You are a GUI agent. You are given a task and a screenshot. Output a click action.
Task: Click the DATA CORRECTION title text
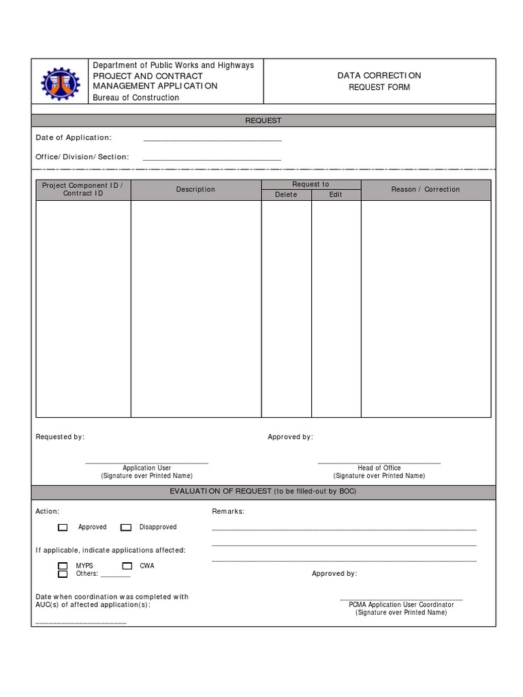pos(379,76)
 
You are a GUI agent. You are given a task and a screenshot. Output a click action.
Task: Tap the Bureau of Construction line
pos(136,98)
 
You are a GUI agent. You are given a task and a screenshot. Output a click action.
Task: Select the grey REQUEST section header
pos(263,120)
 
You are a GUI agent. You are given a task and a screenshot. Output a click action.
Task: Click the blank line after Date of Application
pos(212,140)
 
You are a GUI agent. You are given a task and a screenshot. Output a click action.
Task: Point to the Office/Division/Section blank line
pos(212,159)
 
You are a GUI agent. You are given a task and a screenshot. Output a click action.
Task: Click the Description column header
pos(195,190)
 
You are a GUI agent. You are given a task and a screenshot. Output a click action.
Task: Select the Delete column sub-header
pos(286,195)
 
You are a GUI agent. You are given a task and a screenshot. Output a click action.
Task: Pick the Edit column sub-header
pos(336,195)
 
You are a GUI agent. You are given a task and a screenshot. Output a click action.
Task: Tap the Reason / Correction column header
pos(426,190)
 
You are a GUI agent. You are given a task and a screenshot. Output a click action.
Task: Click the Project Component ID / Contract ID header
pos(83,190)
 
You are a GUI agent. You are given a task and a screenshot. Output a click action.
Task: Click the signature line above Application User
pos(146,462)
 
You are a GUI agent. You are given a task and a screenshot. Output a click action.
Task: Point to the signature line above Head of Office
pos(379,462)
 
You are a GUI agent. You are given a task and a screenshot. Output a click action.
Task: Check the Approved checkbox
pos(63,528)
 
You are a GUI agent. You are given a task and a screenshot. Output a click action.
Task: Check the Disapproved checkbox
pos(126,528)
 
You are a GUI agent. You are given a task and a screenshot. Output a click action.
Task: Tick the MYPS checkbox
pos(63,566)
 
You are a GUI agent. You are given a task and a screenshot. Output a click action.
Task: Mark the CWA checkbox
pos(127,566)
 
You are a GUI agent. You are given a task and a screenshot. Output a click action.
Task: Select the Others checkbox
pos(63,574)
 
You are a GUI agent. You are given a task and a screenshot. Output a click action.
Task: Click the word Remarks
pos(228,511)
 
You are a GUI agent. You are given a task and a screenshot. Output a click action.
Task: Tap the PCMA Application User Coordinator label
pos(401,604)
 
